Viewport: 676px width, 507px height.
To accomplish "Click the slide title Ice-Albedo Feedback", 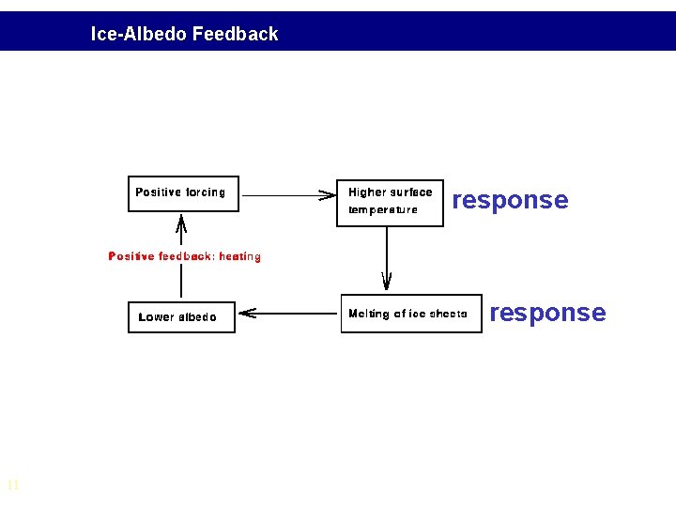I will [x=184, y=35].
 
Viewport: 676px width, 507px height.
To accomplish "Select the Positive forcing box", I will [x=183, y=193].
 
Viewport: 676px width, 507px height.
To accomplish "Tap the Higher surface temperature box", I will [x=390, y=202].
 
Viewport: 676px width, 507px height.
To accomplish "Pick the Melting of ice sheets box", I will [x=409, y=314].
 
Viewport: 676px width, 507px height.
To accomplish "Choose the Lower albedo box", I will [x=180, y=317].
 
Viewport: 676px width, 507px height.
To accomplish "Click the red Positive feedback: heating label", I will [x=185, y=256].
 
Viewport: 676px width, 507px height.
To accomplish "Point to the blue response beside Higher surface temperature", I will [x=510, y=200].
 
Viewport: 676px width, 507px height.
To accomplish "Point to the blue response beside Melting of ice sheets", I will [x=547, y=313].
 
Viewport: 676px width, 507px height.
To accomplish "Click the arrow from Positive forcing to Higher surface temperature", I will [x=287, y=195].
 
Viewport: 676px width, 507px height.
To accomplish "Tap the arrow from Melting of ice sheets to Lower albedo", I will [x=287, y=313].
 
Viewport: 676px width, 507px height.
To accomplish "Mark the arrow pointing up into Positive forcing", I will [x=181, y=229].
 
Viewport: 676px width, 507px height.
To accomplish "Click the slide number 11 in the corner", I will [x=13, y=485].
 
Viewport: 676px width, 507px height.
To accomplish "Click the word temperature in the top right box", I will [x=383, y=210].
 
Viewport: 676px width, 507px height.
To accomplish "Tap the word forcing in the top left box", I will [x=206, y=192].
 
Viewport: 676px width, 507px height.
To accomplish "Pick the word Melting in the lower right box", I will [x=367, y=314].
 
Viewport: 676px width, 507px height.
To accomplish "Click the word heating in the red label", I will [x=239, y=256].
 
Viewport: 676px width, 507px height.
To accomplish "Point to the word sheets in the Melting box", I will [x=448, y=314].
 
